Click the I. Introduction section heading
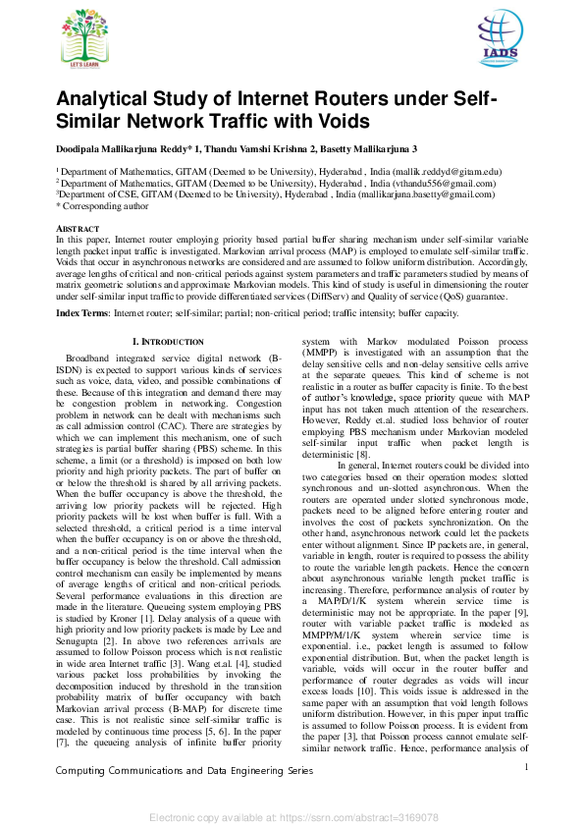(x=167, y=341)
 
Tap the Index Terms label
(x=82, y=312)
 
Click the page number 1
(x=527, y=767)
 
